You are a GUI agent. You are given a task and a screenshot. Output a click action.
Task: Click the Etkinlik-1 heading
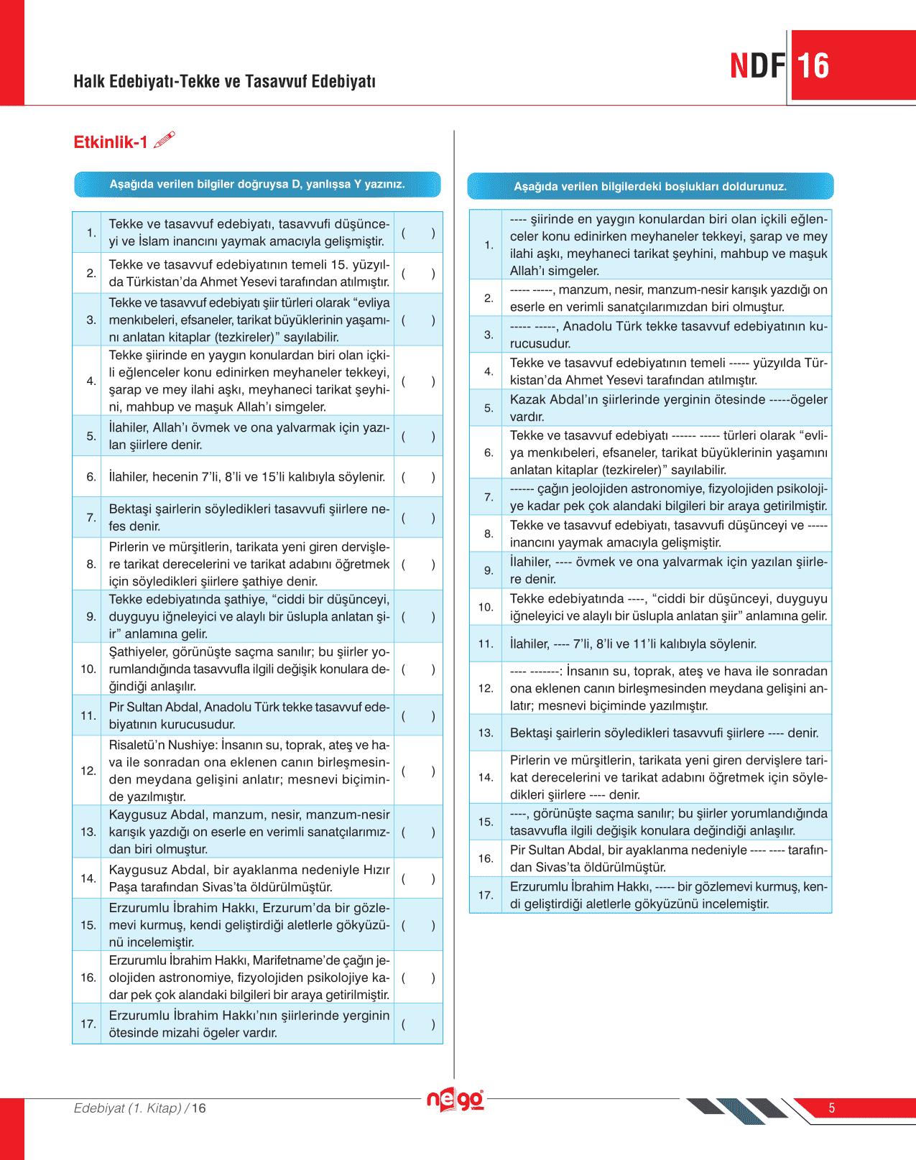pyautogui.click(x=110, y=142)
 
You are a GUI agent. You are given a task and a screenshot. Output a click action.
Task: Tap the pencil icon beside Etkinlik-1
pyautogui.click(x=165, y=139)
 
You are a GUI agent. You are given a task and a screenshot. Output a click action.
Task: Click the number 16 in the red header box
pyautogui.click(x=813, y=66)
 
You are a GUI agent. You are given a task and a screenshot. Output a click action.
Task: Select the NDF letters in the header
pyautogui.click(x=757, y=66)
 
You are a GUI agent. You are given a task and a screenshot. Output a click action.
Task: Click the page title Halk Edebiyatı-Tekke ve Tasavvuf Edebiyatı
pyautogui.click(x=224, y=81)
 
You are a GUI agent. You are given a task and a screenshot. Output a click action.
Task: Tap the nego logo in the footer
pyautogui.click(x=455, y=1100)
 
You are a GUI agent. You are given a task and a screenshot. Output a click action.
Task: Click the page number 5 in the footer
pyautogui.click(x=832, y=1108)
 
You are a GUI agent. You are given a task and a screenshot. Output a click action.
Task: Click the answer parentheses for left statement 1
pyautogui.click(x=418, y=233)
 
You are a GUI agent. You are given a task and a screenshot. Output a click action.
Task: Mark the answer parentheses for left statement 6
pyautogui.click(x=418, y=477)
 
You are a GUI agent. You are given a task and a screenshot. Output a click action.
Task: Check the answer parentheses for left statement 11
pyautogui.click(x=418, y=716)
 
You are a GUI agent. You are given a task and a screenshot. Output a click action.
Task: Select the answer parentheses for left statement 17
pyautogui.click(x=418, y=1024)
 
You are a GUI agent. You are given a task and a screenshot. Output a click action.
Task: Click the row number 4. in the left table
pyautogui.click(x=91, y=381)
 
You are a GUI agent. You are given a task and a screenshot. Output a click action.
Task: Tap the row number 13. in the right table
pyautogui.click(x=486, y=733)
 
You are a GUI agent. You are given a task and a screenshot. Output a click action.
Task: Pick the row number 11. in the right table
pyautogui.click(x=486, y=644)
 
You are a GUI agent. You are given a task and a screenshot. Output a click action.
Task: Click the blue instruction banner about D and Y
pyautogui.click(x=257, y=185)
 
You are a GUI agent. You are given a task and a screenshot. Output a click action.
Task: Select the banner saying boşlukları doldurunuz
pyautogui.click(x=650, y=187)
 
